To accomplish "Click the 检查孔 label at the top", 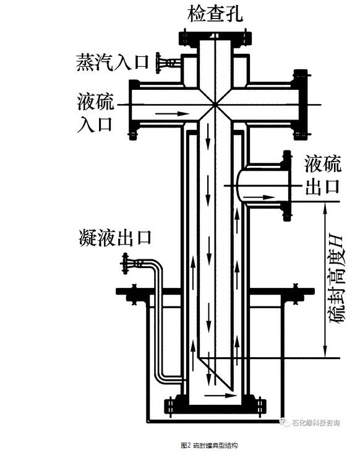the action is click(215, 14).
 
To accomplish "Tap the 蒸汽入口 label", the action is click(112, 62).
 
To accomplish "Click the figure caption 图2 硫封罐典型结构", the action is click(209, 445).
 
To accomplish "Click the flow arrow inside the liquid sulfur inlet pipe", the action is click(172, 113).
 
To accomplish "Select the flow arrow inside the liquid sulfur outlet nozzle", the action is click(259, 197).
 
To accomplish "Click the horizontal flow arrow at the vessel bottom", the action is click(221, 395).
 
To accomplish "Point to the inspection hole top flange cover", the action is click(215, 38).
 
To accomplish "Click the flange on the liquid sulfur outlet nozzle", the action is click(286, 186).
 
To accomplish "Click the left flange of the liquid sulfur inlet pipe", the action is click(134, 110).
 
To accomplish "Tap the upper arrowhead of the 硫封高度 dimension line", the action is click(325, 207).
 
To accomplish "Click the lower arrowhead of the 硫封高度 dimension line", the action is click(325, 353).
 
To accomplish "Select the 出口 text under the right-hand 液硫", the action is click(322, 186).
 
